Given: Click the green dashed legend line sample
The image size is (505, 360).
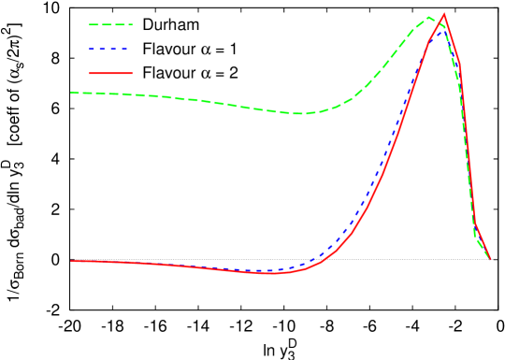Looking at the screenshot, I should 111,25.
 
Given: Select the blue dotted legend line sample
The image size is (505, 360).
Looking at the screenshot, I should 108,49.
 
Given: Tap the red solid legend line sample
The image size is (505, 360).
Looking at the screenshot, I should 111,73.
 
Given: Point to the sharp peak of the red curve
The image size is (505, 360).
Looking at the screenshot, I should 443,14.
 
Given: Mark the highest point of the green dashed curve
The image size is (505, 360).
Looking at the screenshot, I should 428,17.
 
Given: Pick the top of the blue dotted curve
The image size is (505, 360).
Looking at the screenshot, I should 439,26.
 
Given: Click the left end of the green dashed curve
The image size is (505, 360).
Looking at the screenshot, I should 72,93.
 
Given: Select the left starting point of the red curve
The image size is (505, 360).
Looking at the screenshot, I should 72,261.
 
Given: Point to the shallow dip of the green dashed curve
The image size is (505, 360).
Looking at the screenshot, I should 299,114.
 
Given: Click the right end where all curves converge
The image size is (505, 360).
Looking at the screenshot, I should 490,259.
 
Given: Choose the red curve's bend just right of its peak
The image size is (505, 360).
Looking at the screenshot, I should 458,64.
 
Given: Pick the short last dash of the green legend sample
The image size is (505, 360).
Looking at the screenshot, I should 130,25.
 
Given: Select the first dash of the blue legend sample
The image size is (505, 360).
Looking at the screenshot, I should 93,49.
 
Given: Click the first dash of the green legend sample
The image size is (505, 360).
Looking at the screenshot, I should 94,25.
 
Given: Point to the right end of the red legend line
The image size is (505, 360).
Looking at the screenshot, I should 133,73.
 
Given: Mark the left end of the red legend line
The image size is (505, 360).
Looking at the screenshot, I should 90,73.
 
